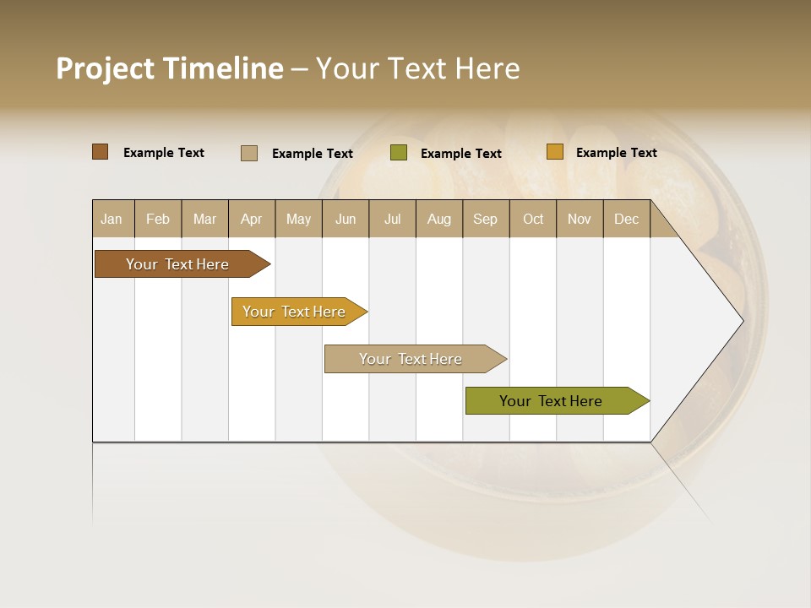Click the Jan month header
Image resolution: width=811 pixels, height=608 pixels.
coord(112,219)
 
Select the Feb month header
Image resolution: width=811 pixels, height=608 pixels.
coord(158,219)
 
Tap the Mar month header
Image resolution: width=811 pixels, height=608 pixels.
coord(204,219)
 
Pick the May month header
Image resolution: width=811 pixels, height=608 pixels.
coord(298,219)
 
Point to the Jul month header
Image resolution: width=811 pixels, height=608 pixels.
coord(392,219)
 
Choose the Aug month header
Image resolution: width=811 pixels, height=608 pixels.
coord(438,219)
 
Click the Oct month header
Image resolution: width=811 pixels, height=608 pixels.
coord(533,219)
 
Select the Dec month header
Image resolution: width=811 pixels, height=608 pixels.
coord(626,219)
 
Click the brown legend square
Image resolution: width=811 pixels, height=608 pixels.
coord(101,152)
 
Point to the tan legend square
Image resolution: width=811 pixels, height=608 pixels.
coord(249,153)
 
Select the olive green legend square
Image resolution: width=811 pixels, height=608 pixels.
coord(399,153)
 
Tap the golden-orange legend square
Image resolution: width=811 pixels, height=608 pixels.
coord(554,152)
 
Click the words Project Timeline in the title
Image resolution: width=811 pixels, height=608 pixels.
coord(170,68)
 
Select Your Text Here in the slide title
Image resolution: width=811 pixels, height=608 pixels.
coord(417,68)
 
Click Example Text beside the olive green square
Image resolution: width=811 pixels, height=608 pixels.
coord(460,154)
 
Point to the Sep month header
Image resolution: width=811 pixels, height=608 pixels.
coord(485,219)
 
